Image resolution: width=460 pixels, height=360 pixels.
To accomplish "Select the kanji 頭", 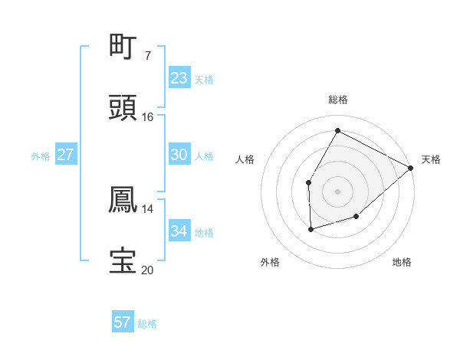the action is [x=123, y=108].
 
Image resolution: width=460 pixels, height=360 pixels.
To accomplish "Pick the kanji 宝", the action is [x=123, y=260].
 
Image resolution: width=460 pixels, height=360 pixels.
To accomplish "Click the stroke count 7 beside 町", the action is [x=148, y=55].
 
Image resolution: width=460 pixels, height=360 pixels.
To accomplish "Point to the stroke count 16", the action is [x=148, y=117].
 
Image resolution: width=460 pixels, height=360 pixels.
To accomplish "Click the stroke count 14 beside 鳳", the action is [x=148, y=208].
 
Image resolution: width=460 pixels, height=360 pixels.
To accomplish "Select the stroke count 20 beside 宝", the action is [x=148, y=270].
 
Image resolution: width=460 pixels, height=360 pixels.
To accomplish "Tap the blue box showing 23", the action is [x=179, y=78].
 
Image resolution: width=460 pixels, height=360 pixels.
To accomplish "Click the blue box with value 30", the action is [x=179, y=155].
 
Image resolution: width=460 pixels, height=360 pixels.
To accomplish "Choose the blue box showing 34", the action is [x=179, y=231].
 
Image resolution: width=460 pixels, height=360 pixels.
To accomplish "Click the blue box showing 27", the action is [x=66, y=155].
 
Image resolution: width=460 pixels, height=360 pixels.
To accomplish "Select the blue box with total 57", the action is [x=123, y=322].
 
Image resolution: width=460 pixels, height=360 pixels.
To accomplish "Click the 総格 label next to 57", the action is [x=147, y=324].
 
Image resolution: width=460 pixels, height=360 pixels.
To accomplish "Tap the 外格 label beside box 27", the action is [x=41, y=156].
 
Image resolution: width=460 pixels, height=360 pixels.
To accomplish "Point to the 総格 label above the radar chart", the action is [x=337, y=100].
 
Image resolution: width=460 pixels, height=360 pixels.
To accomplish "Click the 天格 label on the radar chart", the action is [x=431, y=159].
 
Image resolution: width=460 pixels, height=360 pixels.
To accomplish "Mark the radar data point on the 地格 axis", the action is [x=356, y=217].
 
